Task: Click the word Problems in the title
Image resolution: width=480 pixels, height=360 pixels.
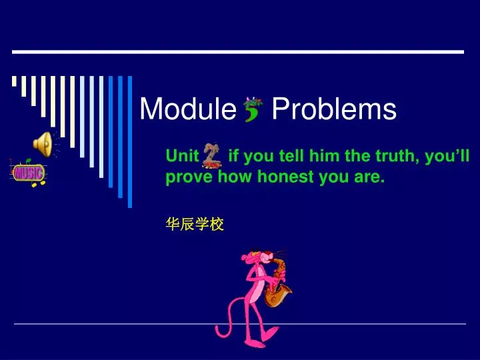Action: pos(334,109)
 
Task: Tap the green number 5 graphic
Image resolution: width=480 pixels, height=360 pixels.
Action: pos(253,109)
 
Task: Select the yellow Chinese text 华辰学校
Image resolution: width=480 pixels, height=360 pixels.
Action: pos(194,225)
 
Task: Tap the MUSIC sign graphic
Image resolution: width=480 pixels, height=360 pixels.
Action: pos(29,173)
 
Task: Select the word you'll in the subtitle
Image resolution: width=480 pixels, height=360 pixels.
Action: pos(449,157)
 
